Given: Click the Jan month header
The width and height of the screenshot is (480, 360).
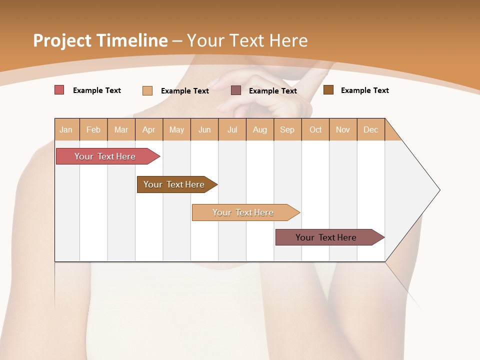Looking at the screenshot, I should (66, 129).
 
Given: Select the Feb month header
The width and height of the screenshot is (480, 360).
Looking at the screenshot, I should (93, 129).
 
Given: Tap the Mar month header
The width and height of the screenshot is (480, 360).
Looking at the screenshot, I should (121, 129).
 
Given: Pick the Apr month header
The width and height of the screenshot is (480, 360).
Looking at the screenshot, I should (149, 129).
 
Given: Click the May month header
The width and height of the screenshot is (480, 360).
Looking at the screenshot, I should (176, 129).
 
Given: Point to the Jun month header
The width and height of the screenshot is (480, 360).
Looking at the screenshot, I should (204, 129).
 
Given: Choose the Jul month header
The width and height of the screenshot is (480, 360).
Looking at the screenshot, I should (232, 129).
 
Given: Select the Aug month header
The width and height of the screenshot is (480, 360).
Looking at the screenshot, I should (260, 129).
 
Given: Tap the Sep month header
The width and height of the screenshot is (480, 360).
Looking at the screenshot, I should (287, 129).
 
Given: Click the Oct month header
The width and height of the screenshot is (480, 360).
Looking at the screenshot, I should (315, 129).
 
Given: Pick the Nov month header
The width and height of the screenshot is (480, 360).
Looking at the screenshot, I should (343, 129).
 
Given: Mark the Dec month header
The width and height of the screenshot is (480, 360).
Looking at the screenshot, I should (371, 129).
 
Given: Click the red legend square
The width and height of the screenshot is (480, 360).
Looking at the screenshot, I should (59, 90).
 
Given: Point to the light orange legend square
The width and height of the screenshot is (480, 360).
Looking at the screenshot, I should (147, 90).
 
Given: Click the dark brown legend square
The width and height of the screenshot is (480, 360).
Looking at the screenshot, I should (328, 90).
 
